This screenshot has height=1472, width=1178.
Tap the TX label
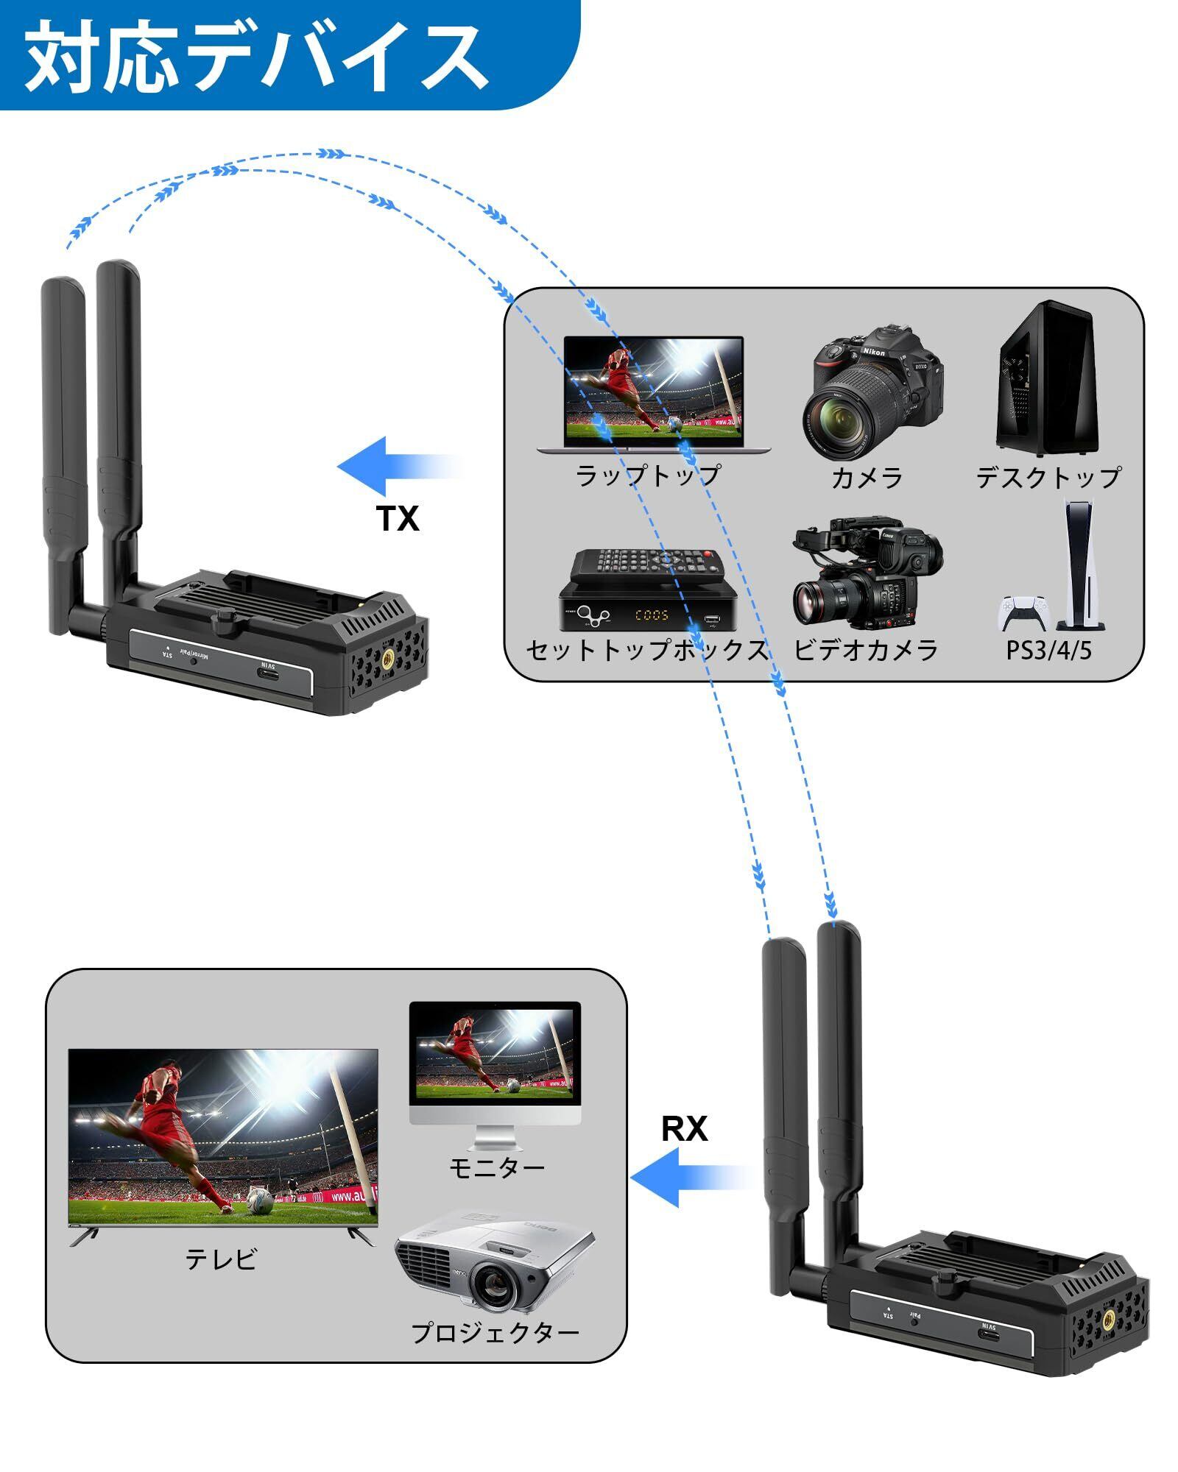point(398,519)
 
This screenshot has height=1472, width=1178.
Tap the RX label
point(685,1128)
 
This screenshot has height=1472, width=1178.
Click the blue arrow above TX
point(399,467)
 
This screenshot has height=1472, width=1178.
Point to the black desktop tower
point(1047,378)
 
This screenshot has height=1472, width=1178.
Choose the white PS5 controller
point(1023,612)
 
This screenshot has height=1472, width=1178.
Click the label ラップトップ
point(648,475)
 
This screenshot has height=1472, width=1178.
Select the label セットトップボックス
point(646,649)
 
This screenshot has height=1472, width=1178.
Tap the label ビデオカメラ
point(867,649)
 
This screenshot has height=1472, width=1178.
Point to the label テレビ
point(221,1259)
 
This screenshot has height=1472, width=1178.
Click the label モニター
point(497,1167)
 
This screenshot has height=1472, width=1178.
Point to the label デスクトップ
point(1048,477)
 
